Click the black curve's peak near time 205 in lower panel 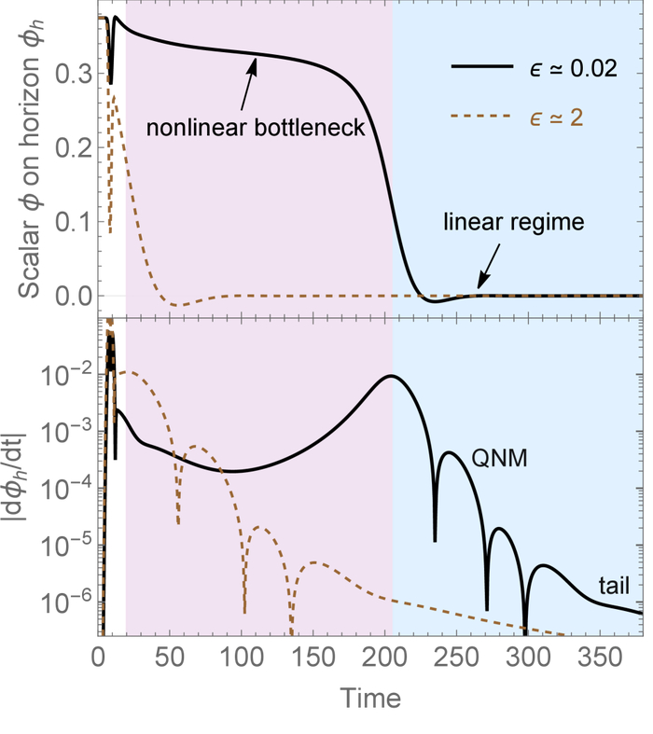(x=393, y=376)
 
